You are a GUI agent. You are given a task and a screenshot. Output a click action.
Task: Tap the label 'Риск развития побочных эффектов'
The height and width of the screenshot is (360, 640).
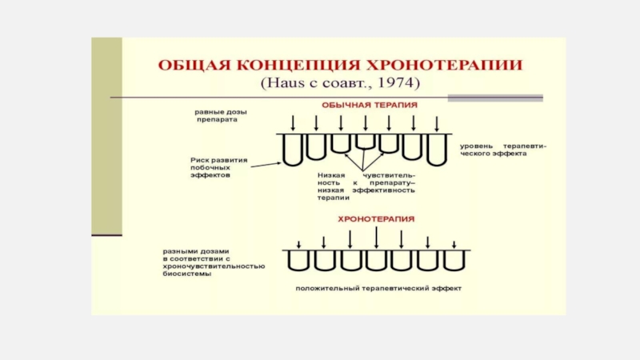[x=218, y=166]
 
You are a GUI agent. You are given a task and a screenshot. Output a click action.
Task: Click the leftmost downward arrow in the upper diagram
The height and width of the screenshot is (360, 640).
[x=294, y=122]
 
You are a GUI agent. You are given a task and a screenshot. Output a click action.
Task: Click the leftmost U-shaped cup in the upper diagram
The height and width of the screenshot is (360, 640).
[x=294, y=150]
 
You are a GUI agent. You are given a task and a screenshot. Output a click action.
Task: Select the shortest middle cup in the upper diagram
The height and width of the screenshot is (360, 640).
[x=366, y=141]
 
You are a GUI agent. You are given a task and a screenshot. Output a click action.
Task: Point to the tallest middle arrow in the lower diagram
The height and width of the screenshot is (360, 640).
[x=376, y=238]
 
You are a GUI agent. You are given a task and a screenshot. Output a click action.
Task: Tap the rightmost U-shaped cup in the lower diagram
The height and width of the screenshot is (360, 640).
[x=453, y=262]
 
